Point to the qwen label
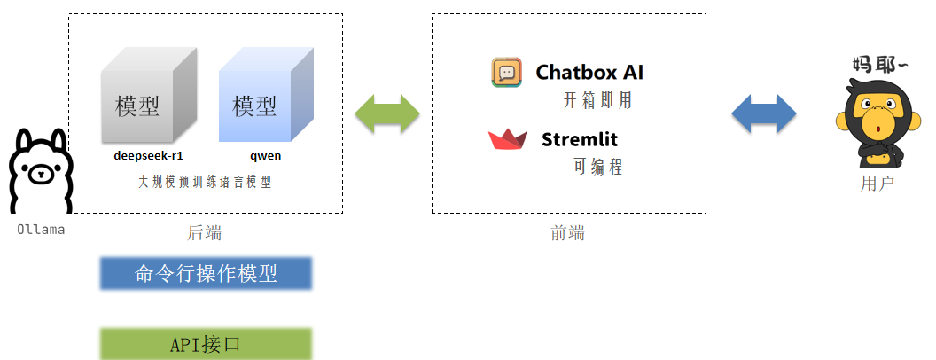265,155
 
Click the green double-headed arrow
386,114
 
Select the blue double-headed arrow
764,114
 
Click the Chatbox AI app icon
507,72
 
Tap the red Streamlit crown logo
508,140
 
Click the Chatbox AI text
589,72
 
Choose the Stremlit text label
580,139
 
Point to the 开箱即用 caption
597,100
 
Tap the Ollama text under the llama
41,230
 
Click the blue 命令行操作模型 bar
206,274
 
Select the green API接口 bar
206,344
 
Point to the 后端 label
205,233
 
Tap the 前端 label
568,233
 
